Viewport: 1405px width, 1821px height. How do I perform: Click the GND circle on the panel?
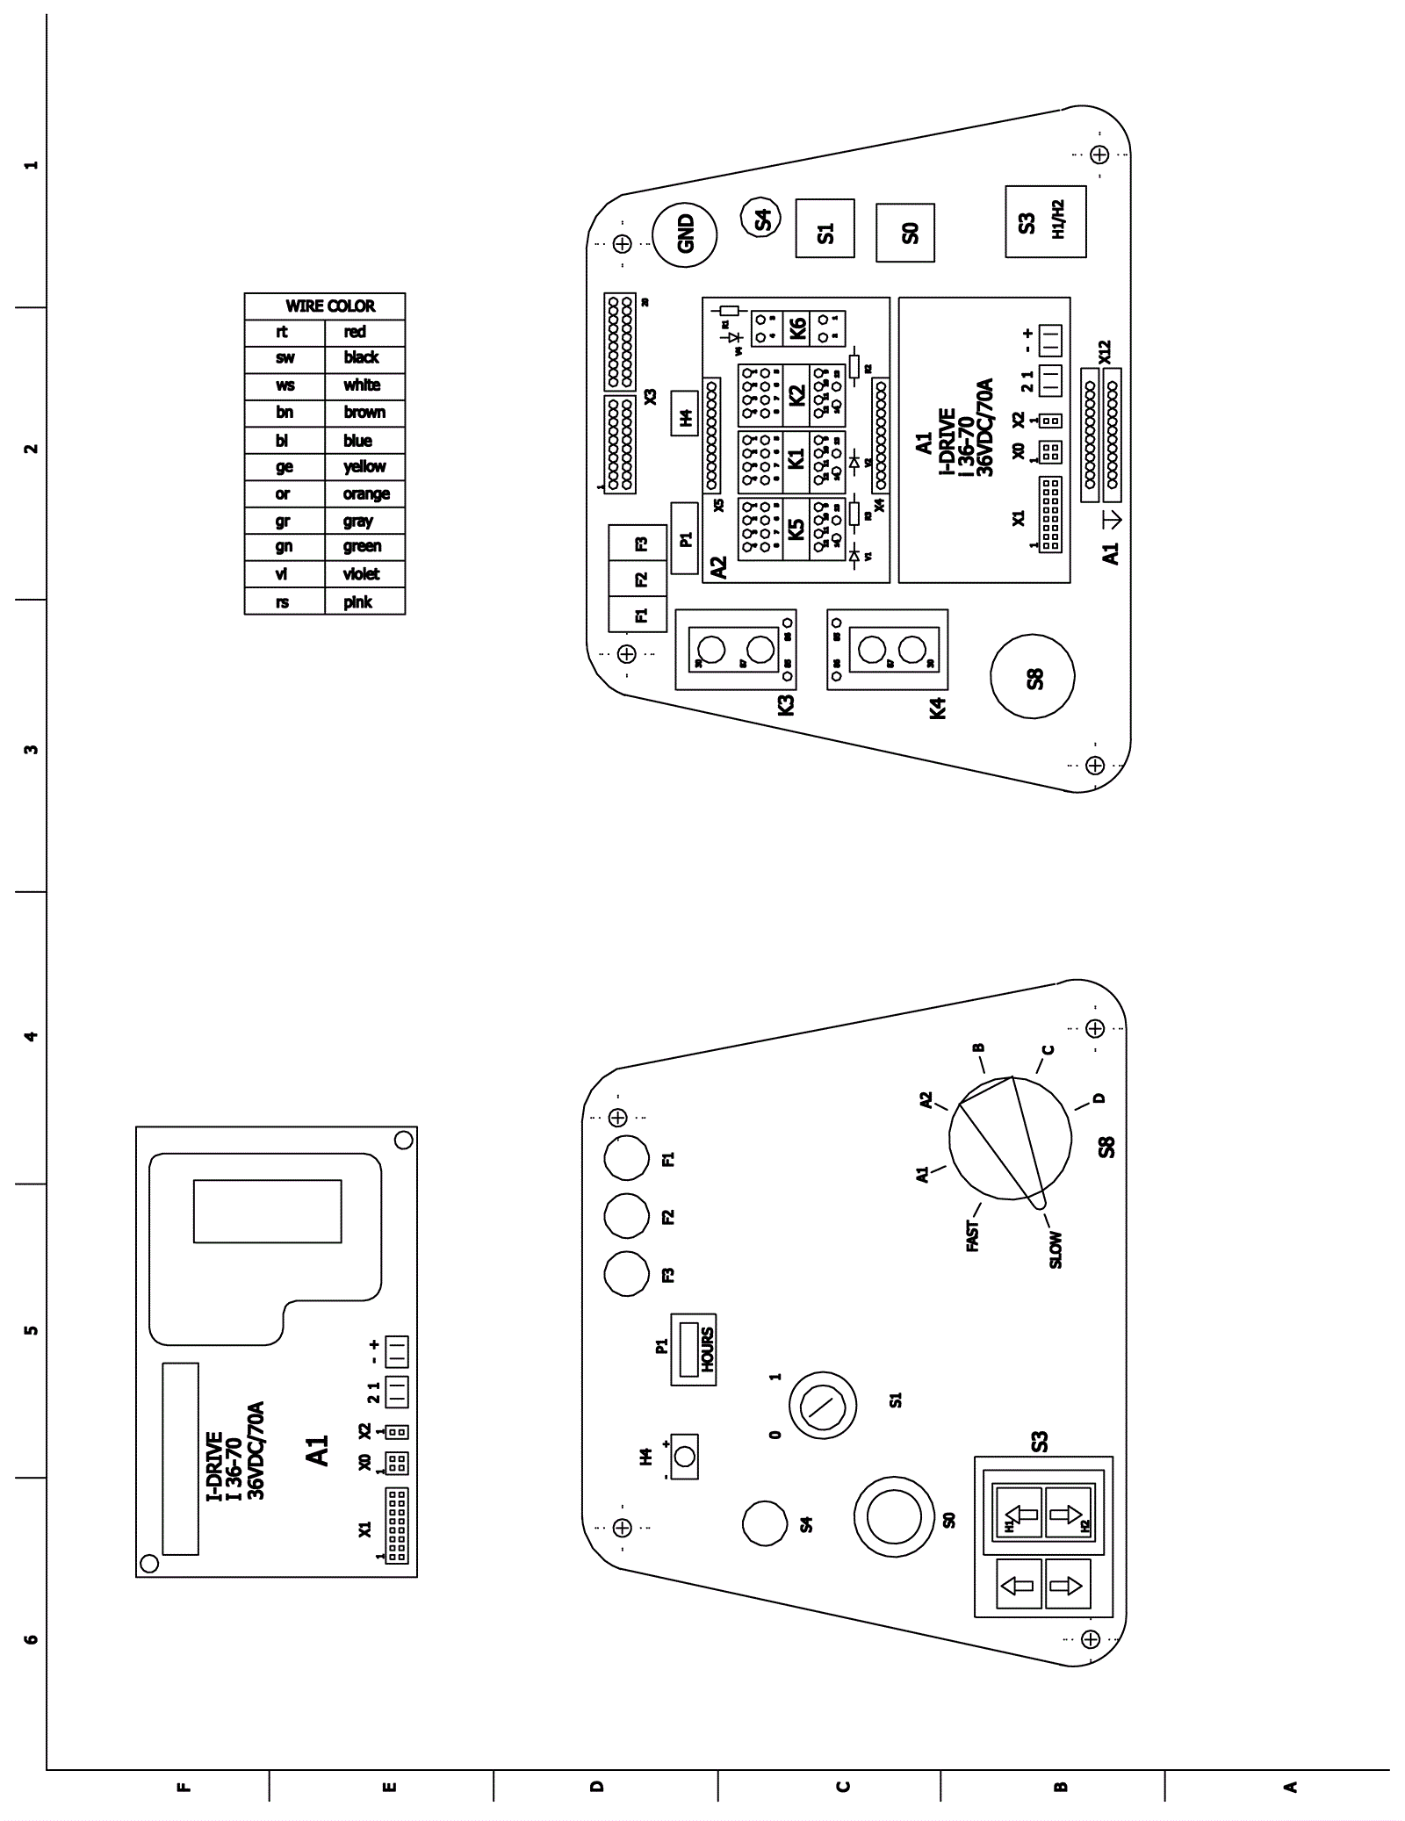685,234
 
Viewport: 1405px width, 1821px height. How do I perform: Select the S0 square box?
905,233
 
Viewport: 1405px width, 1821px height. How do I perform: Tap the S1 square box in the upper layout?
825,227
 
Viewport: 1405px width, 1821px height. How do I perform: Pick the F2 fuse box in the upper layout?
639,579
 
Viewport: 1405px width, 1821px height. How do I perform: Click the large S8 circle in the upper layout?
1032,677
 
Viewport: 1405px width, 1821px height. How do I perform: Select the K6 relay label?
797,329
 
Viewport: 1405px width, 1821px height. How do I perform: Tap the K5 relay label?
795,529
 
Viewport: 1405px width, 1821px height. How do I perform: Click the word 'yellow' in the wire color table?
364,467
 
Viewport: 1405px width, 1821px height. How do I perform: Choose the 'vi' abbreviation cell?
282,574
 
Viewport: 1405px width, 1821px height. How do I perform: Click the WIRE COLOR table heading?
329,306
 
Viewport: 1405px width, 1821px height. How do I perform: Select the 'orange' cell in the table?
366,494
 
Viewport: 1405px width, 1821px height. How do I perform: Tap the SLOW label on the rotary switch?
1055,1249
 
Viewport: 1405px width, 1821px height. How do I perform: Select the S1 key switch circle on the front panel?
822,1406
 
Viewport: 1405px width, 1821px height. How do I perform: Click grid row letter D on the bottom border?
597,1786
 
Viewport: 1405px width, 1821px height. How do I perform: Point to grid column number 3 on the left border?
31,749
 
